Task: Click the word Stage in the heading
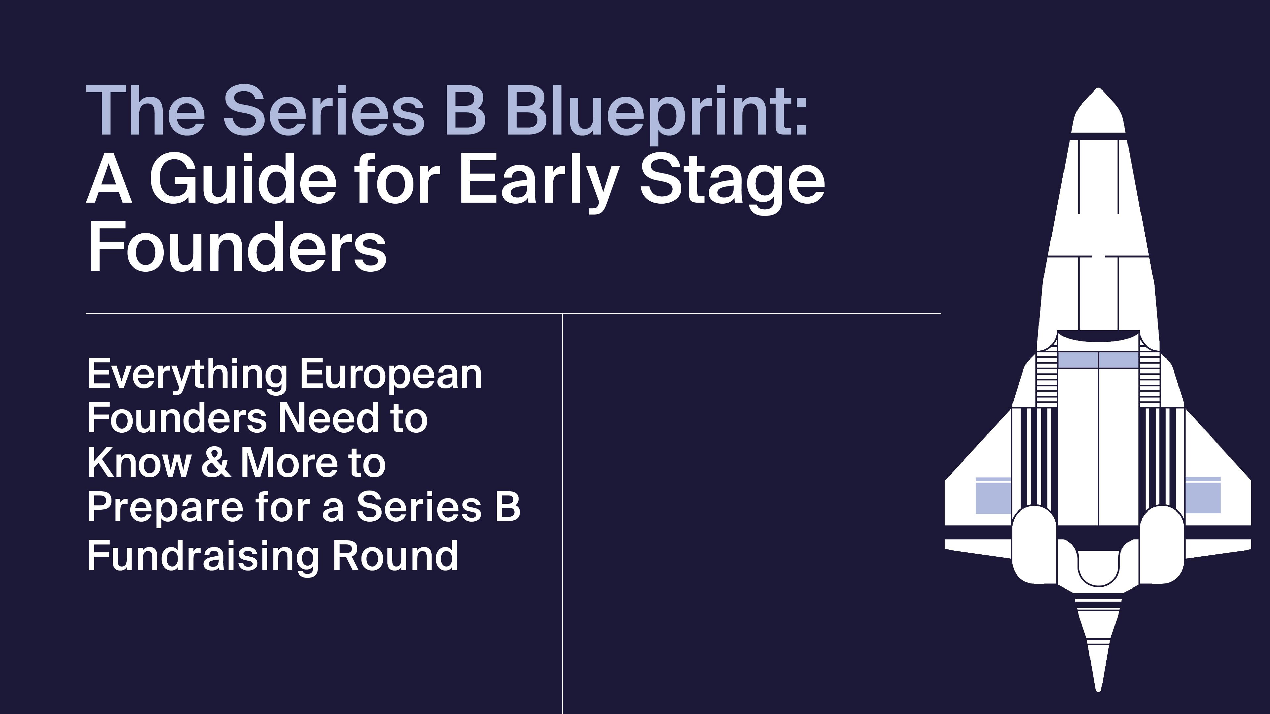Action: click(x=732, y=183)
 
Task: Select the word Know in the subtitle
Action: click(x=139, y=463)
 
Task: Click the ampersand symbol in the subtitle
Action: click(x=215, y=463)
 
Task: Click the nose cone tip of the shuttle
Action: click(x=1098, y=89)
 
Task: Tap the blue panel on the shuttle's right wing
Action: click(x=1203, y=496)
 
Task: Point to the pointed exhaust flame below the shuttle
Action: click(x=1098, y=651)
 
